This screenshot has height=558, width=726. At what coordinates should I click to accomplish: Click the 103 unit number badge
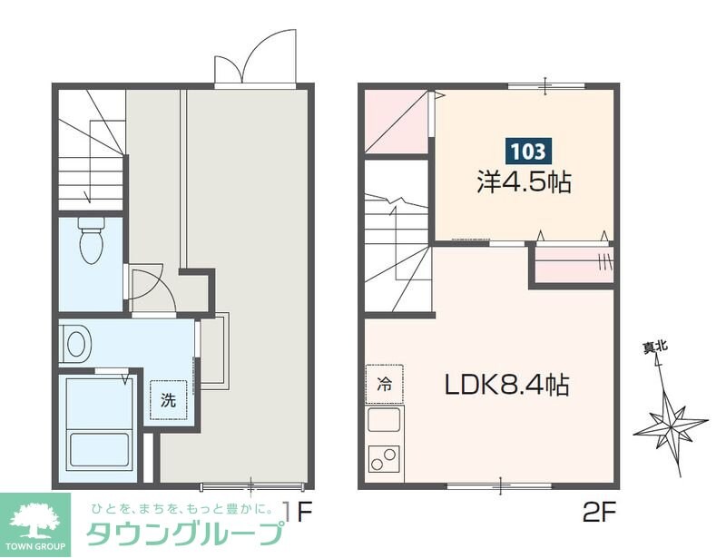tap(525, 150)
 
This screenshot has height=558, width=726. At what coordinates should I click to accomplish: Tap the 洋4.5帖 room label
tap(525, 181)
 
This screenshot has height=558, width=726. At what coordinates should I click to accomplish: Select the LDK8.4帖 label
tap(506, 385)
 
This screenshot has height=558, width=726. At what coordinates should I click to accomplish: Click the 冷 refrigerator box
tap(384, 383)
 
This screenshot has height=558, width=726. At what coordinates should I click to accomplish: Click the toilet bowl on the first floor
tap(91, 241)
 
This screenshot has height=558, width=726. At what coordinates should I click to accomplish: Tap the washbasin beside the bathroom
tap(76, 343)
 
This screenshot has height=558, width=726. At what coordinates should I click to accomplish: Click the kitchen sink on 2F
tap(384, 421)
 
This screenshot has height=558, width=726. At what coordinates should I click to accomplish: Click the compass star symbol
tap(671, 422)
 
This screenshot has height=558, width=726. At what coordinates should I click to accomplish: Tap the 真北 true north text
tap(655, 346)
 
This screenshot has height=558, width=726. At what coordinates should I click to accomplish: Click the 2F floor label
tap(600, 513)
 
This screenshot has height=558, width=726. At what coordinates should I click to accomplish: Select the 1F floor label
tap(300, 513)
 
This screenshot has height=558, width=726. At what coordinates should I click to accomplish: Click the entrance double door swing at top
tap(257, 59)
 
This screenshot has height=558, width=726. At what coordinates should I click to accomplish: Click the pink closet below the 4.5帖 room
tap(572, 266)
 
